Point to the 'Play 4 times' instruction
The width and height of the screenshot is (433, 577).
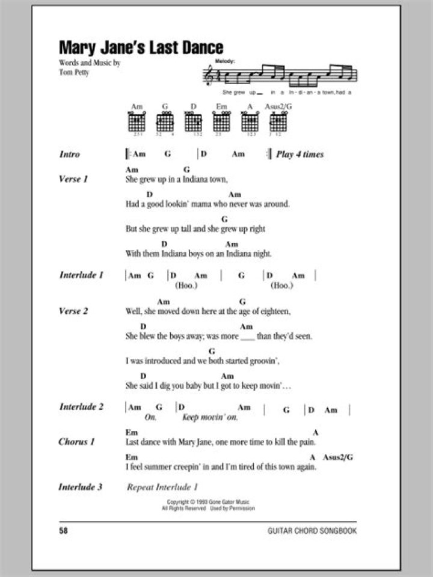[x=299, y=154]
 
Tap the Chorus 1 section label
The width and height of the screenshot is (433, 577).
[x=76, y=442]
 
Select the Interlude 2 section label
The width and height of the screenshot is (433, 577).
[x=81, y=407]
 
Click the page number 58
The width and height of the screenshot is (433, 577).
[x=64, y=531]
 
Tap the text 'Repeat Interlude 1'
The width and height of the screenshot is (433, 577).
[x=162, y=487]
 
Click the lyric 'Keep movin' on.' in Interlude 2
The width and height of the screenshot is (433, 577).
[x=210, y=417]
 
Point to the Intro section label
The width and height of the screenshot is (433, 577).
[x=70, y=154]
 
